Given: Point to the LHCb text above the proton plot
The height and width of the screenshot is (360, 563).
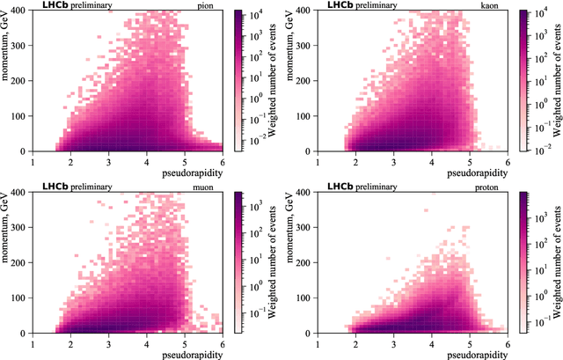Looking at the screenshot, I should (339, 187).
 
